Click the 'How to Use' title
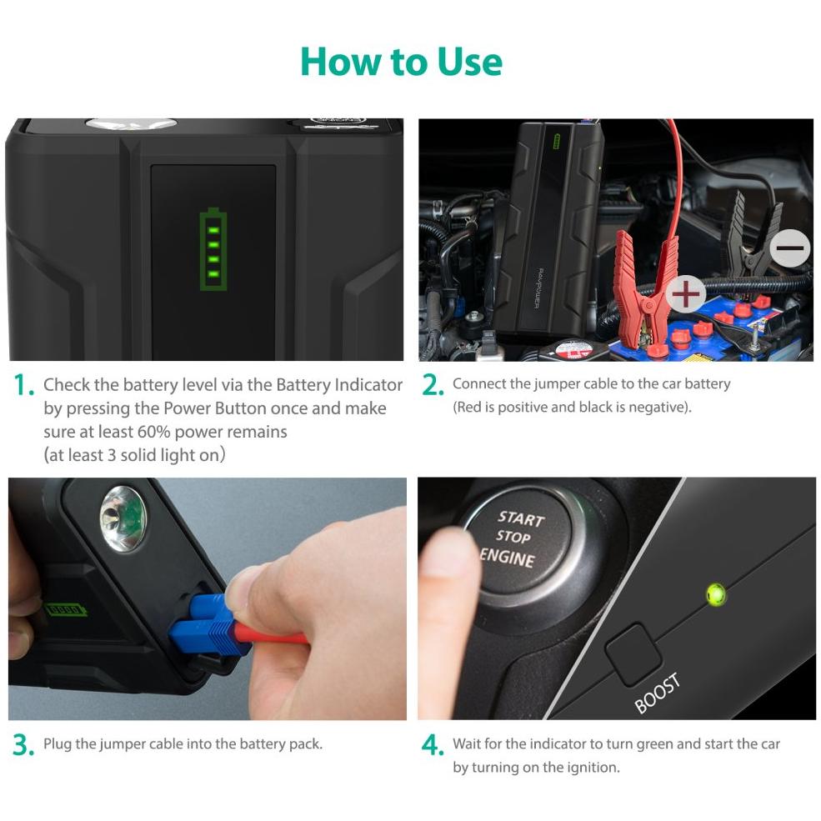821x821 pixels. pyautogui.click(x=401, y=62)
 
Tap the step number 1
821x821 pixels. pyautogui.click(x=23, y=385)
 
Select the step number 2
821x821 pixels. pyautogui.click(x=433, y=385)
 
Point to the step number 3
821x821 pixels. pyautogui.click(x=23, y=744)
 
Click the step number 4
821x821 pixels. pyautogui.click(x=433, y=744)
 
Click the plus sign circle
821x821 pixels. pyautogui.click(x=685, y=294)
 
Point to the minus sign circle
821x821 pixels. pyautogui.click(x=792, y=248)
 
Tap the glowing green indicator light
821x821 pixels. pyautogui.click(x=715, y=594)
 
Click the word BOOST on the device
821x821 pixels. pyautogui.click(x=657, y=693)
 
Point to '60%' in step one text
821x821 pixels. pyautogui.click(x=153, y=432)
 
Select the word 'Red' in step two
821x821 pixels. pyautogui.click(x=467, y=407)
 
